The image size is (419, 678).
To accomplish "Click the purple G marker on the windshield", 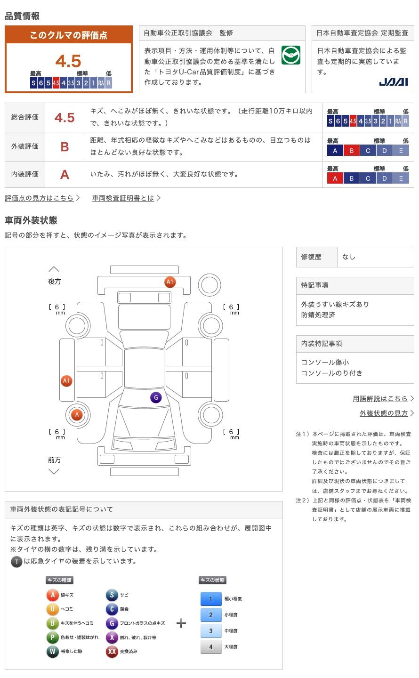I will pyautogui.click(x=156, y=397).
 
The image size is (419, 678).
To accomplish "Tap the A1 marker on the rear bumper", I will pyautogui.click(x=170, y=282).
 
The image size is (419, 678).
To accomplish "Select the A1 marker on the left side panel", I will pyautogui.click(x=66, y=381).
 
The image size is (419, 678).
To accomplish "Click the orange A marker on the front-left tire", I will pyautogui.click(x=76, y=415).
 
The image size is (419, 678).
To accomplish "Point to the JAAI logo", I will pyautogui.click(x=393, y=82).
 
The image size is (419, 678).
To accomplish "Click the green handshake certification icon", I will pyautogui.click(x=291, y=55).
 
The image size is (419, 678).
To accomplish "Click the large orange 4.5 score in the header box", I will pyautogui.click(x=68, y=61).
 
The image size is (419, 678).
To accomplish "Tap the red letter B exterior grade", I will pyautogui.click(x=64, y=147).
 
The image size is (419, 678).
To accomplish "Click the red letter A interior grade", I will pyautogui.click(x=64, y=175).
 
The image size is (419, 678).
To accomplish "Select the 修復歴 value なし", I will pyautogui.click(x=349, y=257).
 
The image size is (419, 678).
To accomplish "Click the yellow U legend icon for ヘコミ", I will pyautogui.click(x=52, y=609).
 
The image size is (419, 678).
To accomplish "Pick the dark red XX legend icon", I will pyautogui.click(x=112, y=652).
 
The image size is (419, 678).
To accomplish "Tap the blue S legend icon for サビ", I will pyautogui.click(x=112, y=595).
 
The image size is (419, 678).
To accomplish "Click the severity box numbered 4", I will pyautogui.click(x=210, y=647).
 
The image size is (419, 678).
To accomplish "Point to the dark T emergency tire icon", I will pyautogui.click(x=16, y=561).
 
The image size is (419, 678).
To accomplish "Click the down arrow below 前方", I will pyautogui.click(x=54, y=471).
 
